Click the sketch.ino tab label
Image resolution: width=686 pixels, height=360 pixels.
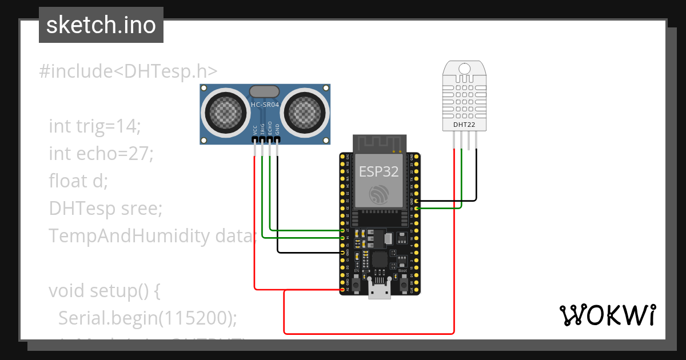tap(101, 25)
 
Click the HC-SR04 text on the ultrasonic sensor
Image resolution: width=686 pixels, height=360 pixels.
tap(265, 105)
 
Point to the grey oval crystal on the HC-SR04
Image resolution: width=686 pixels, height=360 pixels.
tap(265, 90)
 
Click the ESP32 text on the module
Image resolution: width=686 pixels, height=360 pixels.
tap(378, 171)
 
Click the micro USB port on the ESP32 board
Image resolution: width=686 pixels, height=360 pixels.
tap(379, 291)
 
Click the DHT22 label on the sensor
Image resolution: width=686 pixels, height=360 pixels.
tap(464, 125)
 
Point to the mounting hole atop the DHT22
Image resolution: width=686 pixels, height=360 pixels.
tap(464, 69)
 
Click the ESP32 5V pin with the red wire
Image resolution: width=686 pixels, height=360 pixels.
tap(343, 290)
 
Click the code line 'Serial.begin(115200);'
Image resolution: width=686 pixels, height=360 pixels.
tap(147, 318)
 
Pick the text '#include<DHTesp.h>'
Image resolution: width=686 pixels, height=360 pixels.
tap(129, 71)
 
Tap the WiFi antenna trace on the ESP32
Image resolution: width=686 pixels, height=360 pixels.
tap(379, 143)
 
